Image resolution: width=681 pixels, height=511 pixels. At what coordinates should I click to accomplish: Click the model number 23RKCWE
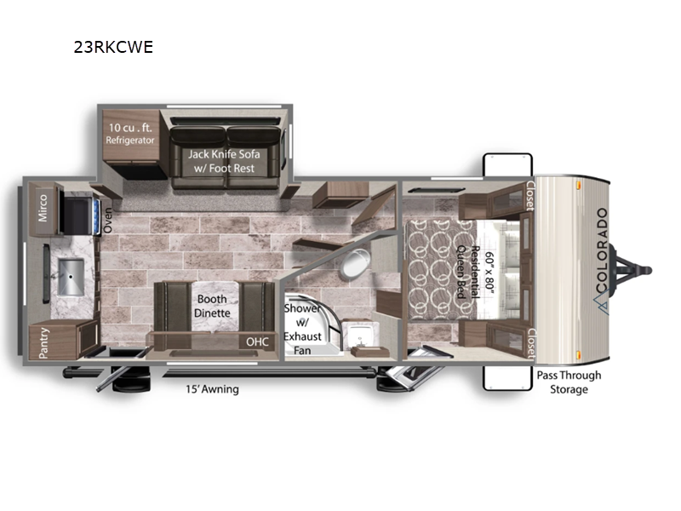(x=113, y=47)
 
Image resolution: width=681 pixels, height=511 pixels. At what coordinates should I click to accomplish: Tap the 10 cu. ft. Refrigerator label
(x=130, y=134)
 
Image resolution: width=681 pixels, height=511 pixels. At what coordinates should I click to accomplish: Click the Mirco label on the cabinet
(x=43, y=208)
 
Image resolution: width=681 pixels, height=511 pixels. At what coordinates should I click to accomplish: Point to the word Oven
(x=108, y=220)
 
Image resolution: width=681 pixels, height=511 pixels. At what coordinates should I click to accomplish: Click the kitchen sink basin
(x=71, y=276)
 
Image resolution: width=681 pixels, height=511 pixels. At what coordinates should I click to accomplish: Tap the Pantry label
(x=44, y=343)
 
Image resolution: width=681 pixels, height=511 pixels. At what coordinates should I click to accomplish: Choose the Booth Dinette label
(x=212, y=306)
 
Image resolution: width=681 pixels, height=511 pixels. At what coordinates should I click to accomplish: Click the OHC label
(x=258, y=342)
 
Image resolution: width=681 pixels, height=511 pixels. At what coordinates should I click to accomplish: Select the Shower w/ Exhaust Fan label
(x=302, y=330)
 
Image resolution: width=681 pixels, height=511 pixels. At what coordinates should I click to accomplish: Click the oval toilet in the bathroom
(x=355, y=264)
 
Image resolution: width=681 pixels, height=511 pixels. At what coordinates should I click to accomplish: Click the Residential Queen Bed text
(x=468, y=273)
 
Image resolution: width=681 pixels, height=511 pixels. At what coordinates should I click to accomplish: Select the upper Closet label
(x=530, y=196)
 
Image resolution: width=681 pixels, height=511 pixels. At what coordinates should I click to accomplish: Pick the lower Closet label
(x=530, y=343)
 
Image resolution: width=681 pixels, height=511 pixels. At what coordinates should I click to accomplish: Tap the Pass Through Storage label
(x=569, y=382)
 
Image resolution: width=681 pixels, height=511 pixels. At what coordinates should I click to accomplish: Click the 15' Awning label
(x=212, y=389)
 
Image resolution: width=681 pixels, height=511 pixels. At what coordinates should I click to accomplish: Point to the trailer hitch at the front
(x=631, y=270)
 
